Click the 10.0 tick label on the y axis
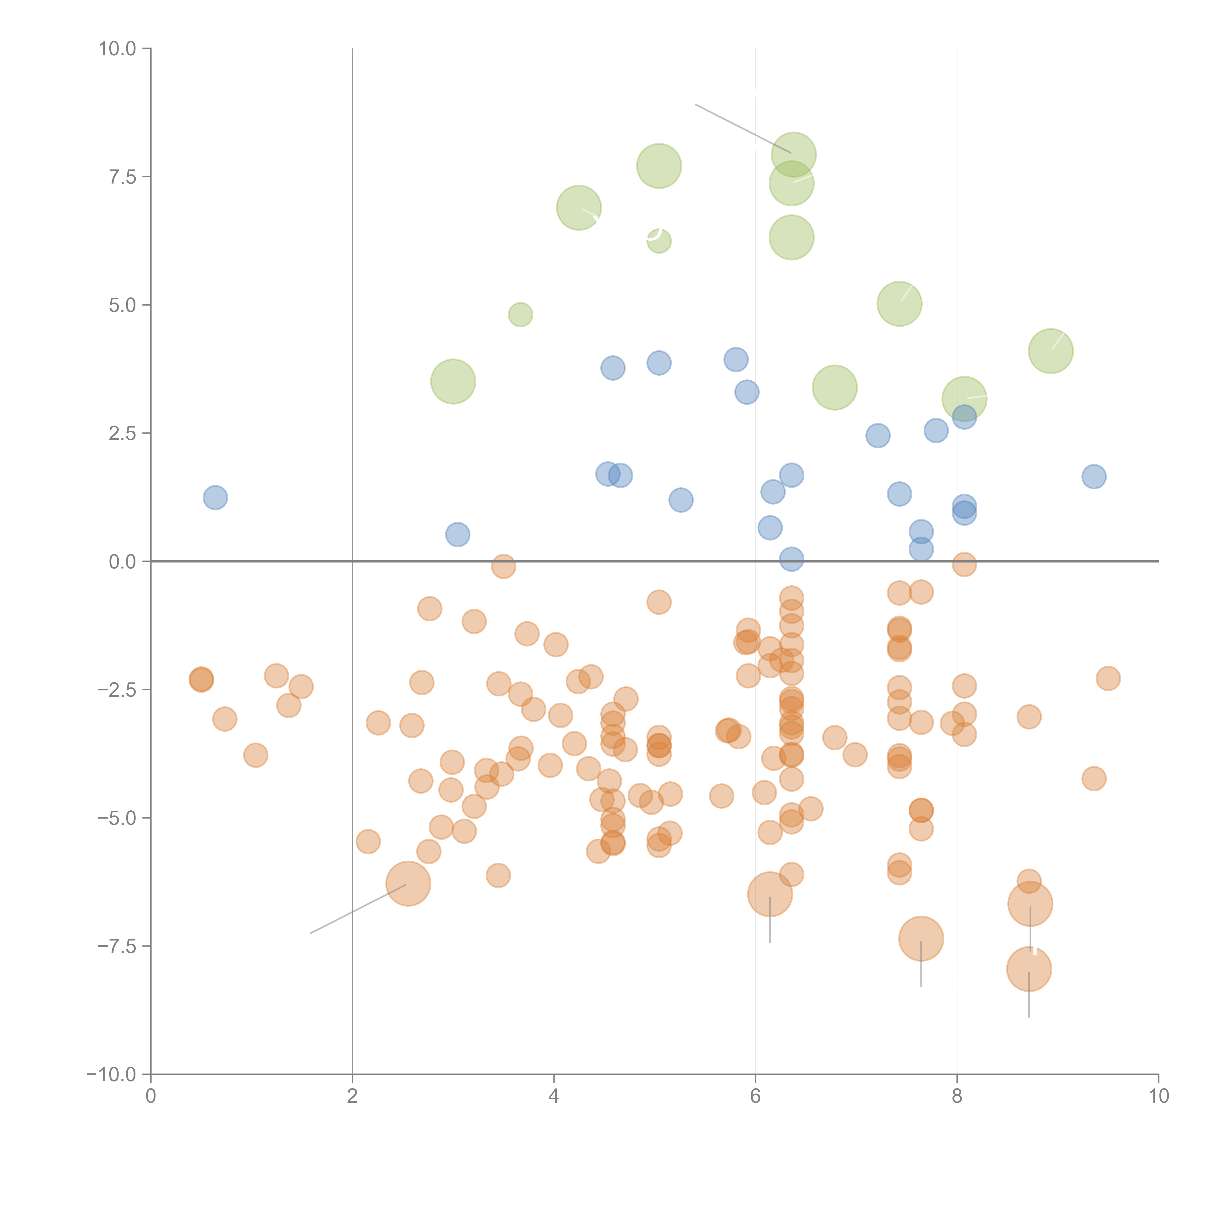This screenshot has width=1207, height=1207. coord(118,49)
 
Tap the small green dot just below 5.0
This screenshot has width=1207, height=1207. coord(520,314)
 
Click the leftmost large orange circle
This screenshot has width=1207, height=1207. coord(408,883)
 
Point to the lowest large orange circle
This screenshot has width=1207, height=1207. coord(1029,969)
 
